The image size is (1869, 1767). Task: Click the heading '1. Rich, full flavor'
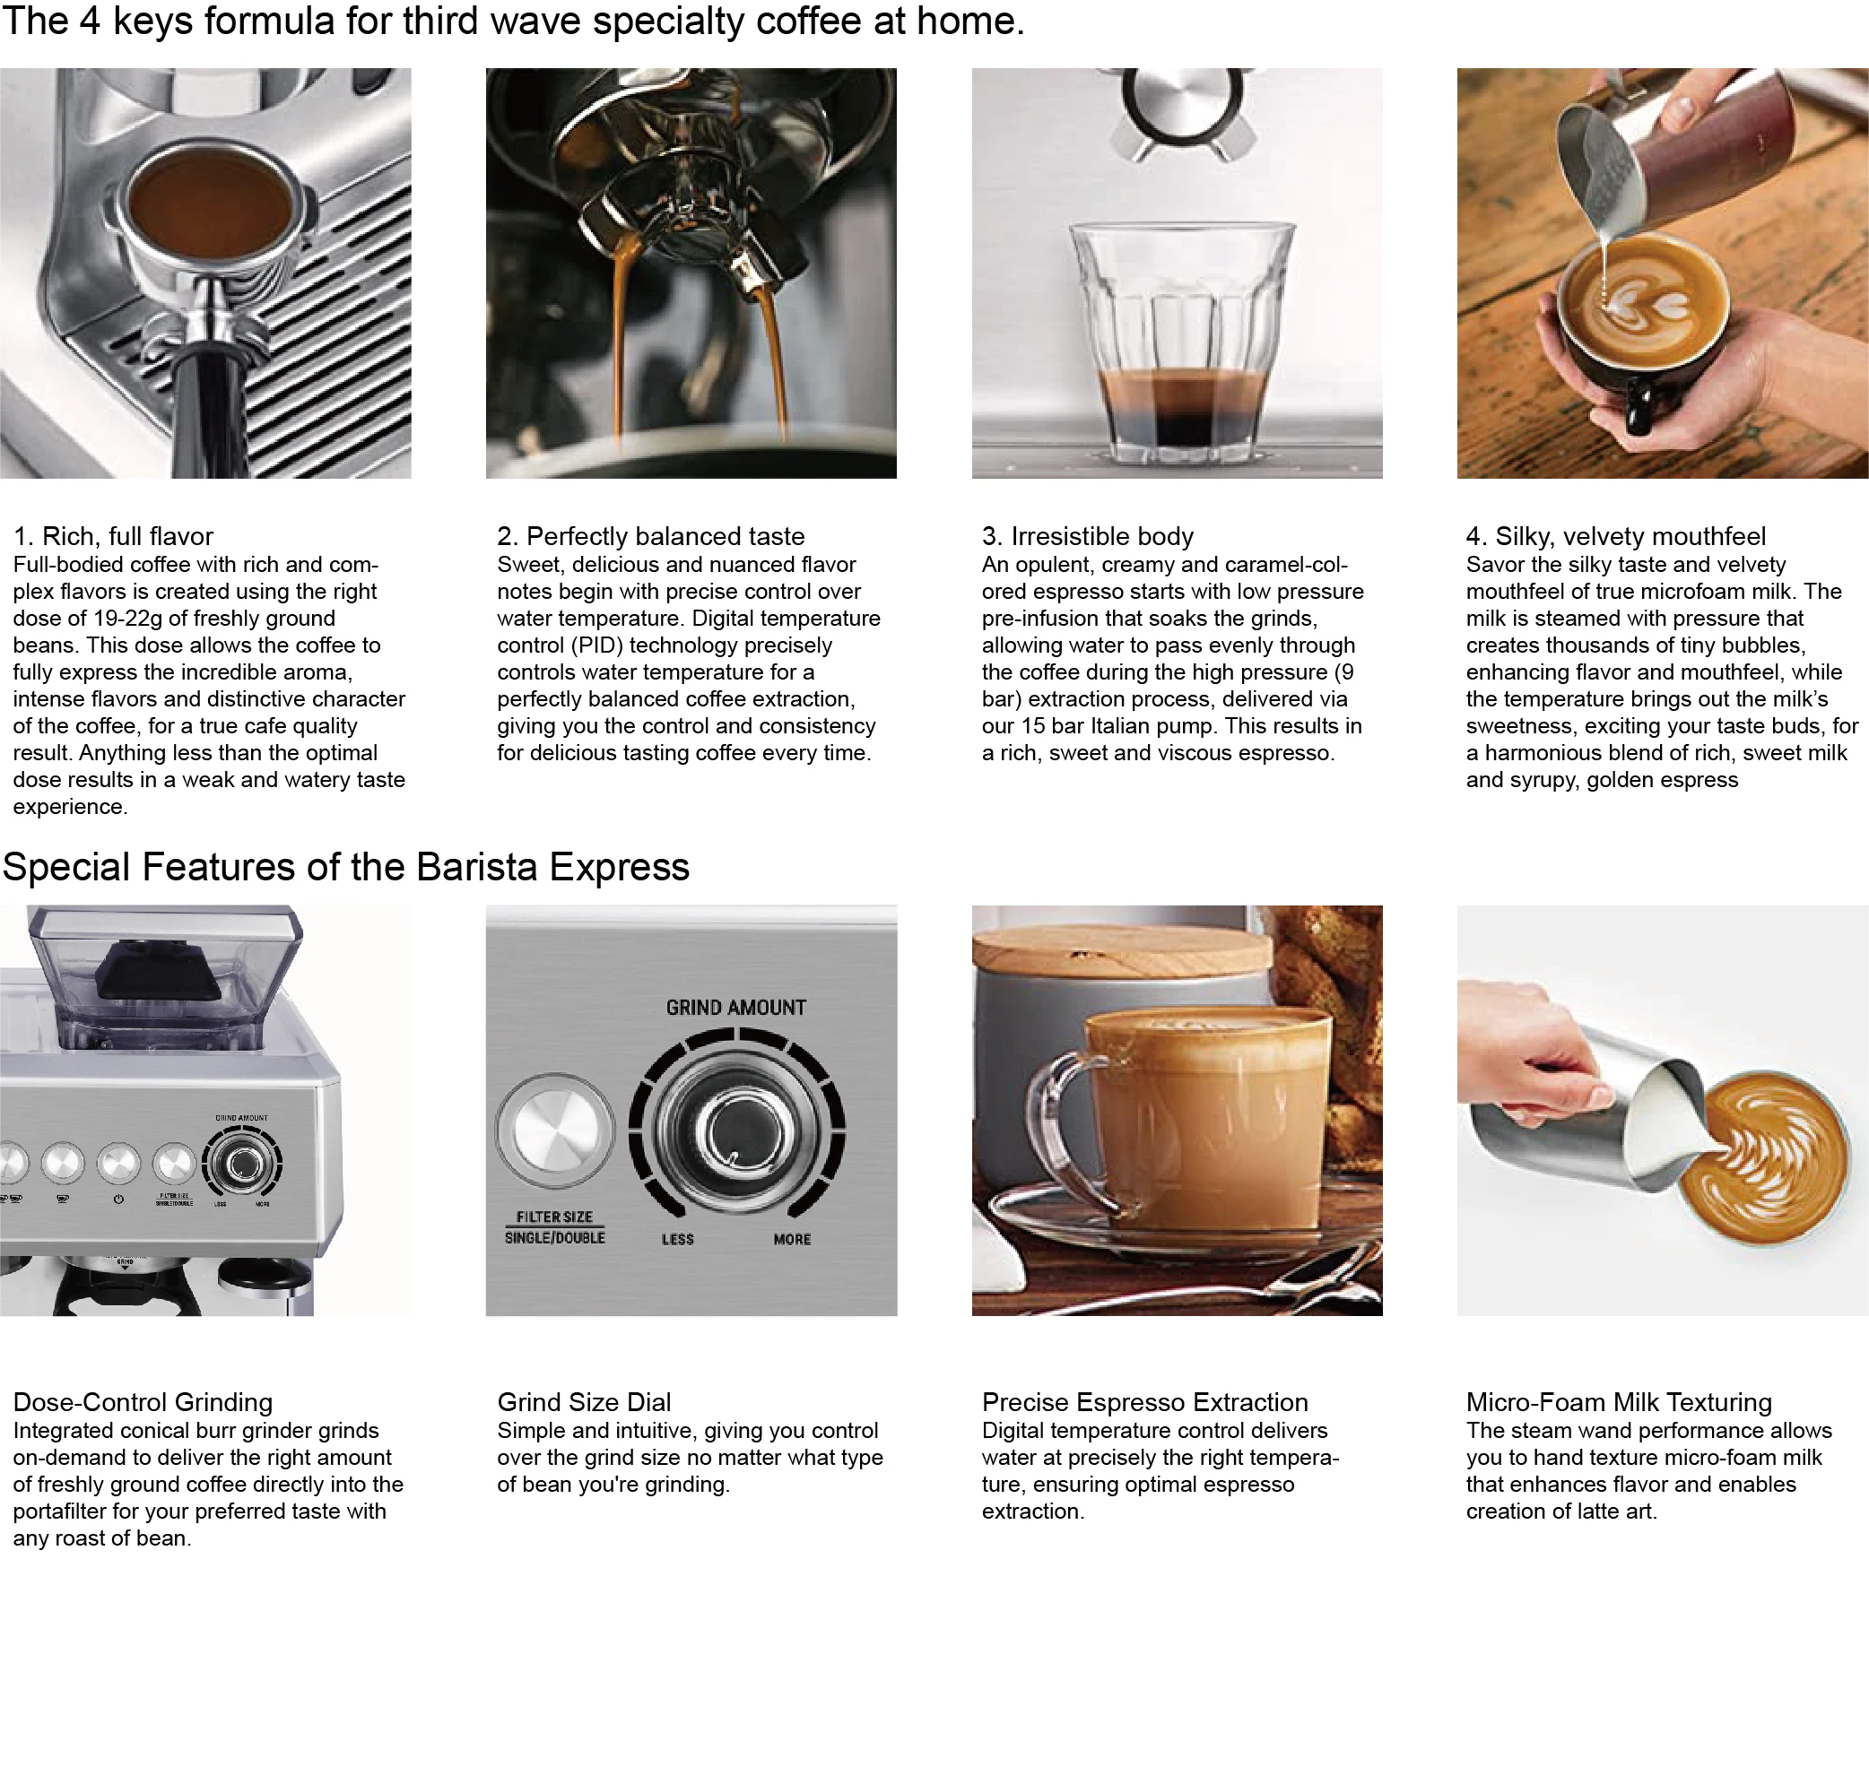(113, 536)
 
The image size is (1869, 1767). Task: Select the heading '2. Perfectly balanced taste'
(650, 536)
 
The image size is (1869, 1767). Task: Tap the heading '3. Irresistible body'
(1087, 536)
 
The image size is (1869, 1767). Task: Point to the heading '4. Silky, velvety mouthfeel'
(1615, 536)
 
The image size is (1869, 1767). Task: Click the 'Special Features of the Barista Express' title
(345, 867)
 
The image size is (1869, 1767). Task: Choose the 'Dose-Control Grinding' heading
(143, 1401)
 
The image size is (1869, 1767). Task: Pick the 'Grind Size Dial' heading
(584, 1401)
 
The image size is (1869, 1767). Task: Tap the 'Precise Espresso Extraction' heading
(1144, 1401)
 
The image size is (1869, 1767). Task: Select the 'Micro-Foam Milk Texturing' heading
(1619, 1401)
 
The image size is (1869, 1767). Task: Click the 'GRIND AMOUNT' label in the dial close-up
(735, 1008)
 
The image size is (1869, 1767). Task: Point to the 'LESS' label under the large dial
(677, 1240)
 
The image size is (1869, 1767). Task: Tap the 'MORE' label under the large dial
(791, 1240)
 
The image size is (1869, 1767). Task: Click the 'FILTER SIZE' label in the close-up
(554, 1217)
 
